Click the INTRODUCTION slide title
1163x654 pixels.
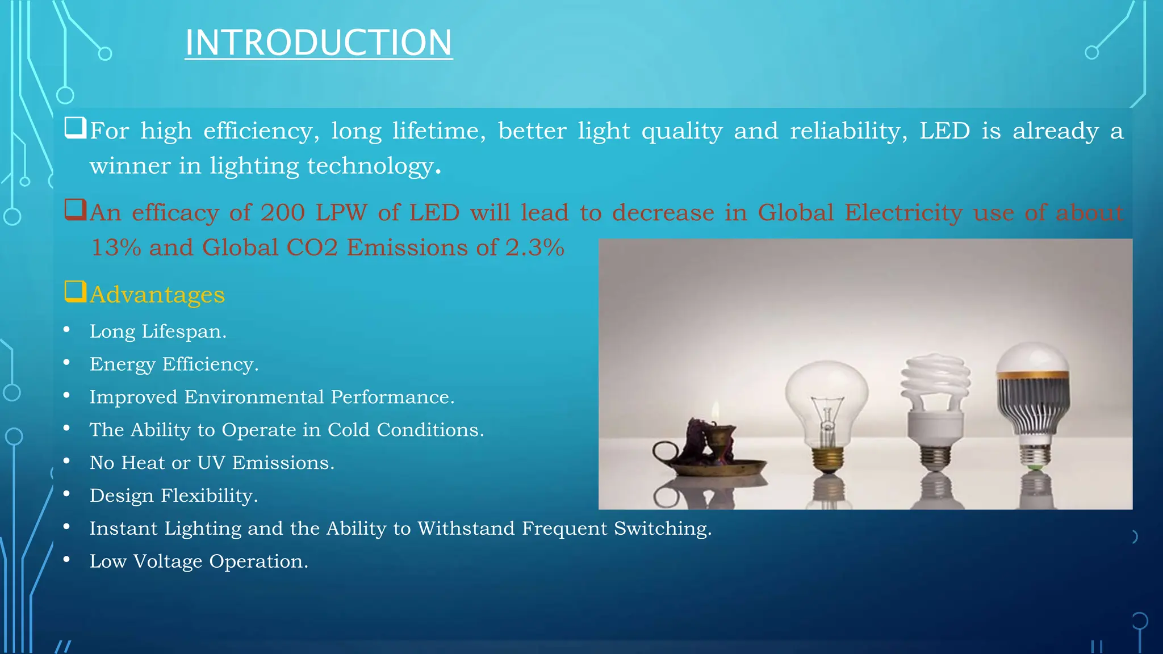click(x=318, y=43)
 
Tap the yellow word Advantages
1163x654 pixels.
click(x=157, y=295)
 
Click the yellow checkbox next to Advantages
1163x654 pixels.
click(x=75, y=292)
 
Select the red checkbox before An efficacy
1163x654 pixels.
click(x=75, y=209)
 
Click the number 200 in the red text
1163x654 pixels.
click(x=282, y=213)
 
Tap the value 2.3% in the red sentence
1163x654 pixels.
click(x=534, y=248)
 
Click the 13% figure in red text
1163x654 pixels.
click(x=116, y=248)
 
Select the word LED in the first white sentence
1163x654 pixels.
click(x=944, y=131)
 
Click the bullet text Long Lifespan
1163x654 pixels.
click(x=158, y=331)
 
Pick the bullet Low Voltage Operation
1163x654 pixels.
click(x=199, y=561)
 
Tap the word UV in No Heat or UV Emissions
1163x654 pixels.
click(x=211, y=463)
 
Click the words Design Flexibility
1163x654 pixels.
click(x=174, y=496)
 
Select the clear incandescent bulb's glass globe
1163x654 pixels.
click(x=826, y=392)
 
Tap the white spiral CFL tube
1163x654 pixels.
click(x=935, y=378)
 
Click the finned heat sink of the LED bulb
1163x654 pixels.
click(x=1034, y=406)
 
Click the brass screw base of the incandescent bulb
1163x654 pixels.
click(x=827, y=458)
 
